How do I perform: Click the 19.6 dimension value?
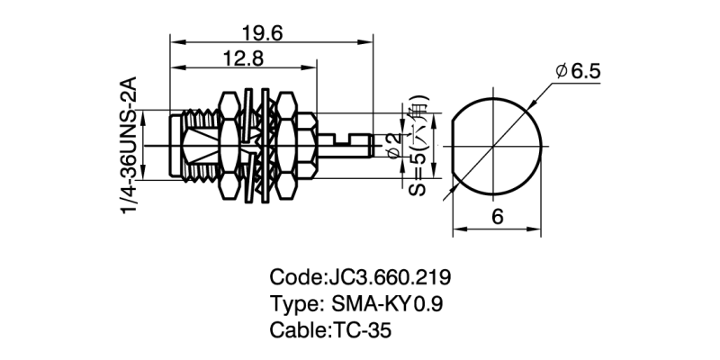pyautogui.click(x=263, y=33)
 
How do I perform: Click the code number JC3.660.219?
pyautogui.click(x=392, y=276)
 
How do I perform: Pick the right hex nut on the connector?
pyautogui.click(x=286, y=144)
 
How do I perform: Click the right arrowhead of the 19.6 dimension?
pyautogui.click(x=368, y=41)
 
